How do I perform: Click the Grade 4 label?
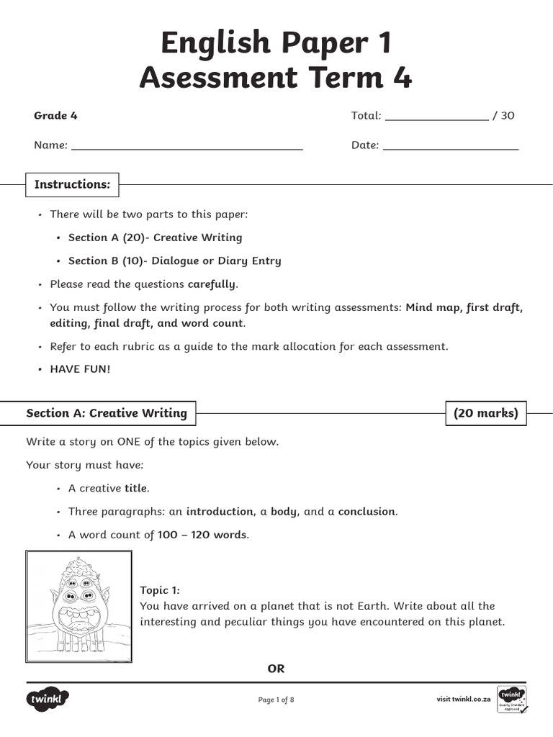(55, 116)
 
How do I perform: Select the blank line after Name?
(187, 147)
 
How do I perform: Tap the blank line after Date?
(451, 147)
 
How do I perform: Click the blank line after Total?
(437, 117)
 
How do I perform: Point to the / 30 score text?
(503, 116)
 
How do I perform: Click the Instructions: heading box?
(73, 184)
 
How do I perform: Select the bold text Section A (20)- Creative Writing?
(155, 238)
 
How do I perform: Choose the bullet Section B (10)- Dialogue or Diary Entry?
(174, 261)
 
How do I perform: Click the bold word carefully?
(211, 284)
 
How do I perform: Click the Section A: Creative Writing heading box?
(107, 413)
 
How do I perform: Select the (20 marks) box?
(485, 413)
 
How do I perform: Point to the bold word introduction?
(220, 512)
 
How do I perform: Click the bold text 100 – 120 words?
(202, 535)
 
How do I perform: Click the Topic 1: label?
(160, 590)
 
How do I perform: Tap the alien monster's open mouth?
(79, 618)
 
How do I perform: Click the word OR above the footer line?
(276, 669)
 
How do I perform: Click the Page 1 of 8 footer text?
(276, 700)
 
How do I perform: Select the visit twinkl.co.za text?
(464, 699)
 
